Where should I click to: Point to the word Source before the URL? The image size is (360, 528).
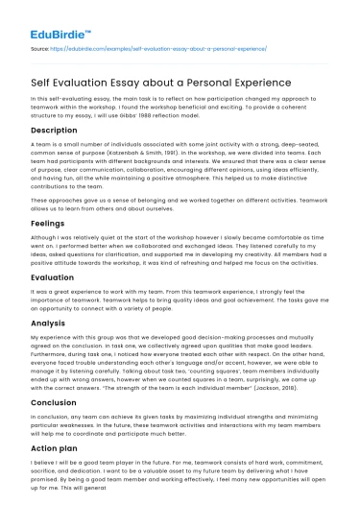(39, 47)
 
